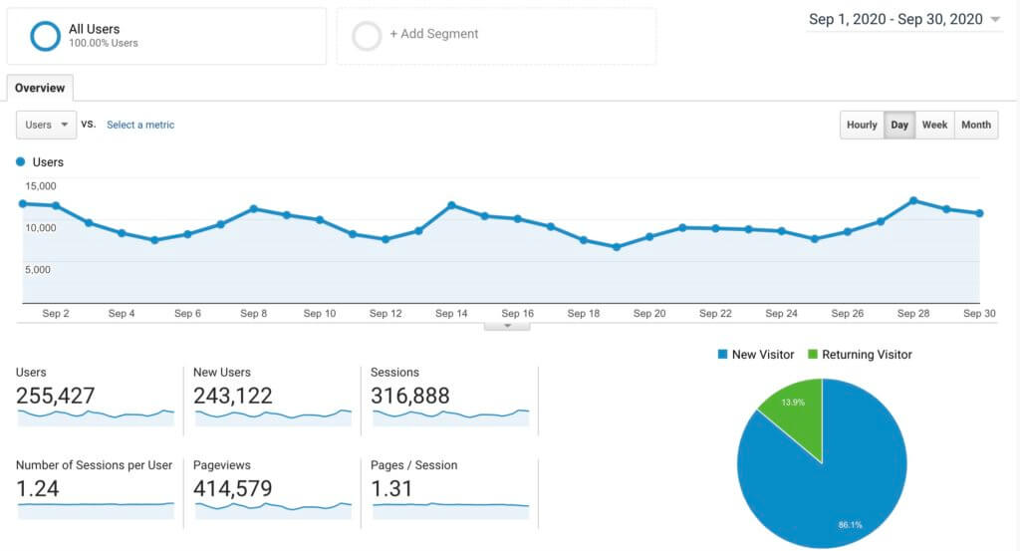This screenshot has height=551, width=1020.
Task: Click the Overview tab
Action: tap(40, 88)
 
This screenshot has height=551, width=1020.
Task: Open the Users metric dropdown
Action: tap(47, 125)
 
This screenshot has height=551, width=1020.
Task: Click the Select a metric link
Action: tap(140, 125)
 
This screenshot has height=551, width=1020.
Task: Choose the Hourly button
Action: tap(862, 125)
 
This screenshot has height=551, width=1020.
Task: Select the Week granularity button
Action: tap(934, 125)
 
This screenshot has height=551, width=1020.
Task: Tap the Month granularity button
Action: tap(976, 125)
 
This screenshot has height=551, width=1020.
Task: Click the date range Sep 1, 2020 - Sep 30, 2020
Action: tap(895, 19)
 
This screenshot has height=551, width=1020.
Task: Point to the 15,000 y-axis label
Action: tap(41, 185)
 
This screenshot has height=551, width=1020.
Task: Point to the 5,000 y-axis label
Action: tap(41, 269)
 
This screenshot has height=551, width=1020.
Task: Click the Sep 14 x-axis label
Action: tap(451, 313)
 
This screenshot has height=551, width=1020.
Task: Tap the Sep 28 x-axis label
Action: tap(913, 313)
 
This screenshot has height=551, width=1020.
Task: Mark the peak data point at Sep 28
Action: tap(913, 200)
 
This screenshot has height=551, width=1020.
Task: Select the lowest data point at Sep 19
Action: tap(616, 247)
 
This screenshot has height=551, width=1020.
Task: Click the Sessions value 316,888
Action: tap(410, 396)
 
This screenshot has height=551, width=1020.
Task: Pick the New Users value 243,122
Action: tap(233, 396)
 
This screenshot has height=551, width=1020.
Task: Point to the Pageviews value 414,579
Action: tap(233, 488)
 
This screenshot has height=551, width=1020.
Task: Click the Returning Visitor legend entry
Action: tap(863, 354)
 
